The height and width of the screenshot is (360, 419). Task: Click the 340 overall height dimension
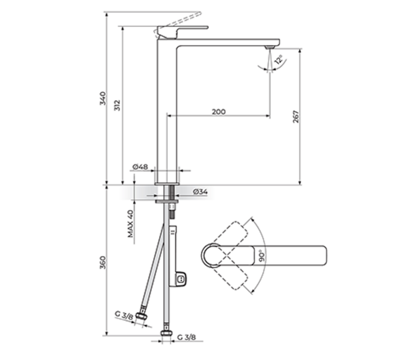click(x=103, y=98)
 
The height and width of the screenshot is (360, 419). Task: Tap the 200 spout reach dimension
click(x=219, y=112)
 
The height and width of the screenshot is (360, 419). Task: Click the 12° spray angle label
click(x=278, y=61)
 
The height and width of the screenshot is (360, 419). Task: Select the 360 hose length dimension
click(x=103, y=262)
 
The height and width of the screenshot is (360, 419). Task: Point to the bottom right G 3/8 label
click(x=185, y=339)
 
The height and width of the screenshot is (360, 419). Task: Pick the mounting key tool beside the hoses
click(x=177, y=258)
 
